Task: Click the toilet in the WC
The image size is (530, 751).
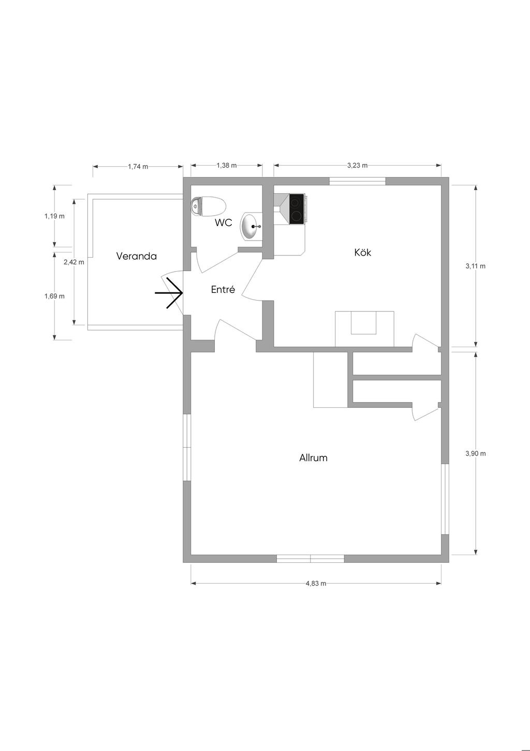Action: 208,206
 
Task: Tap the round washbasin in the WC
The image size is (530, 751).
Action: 251,226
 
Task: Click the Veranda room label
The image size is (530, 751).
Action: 136,256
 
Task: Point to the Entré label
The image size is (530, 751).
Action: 223,289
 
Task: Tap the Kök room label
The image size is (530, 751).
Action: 363,252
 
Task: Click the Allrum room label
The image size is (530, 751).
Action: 313,458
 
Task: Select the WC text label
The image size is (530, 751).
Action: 223,223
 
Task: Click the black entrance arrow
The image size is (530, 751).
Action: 169,293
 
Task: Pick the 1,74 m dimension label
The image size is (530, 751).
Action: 138,166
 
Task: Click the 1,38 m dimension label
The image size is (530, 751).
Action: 227,165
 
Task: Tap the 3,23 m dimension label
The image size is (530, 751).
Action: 357,165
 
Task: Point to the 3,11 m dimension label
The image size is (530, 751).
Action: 475,266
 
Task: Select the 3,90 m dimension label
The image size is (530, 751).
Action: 476,454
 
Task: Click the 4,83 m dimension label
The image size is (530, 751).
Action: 316,584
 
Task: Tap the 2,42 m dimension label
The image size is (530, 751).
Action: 74,262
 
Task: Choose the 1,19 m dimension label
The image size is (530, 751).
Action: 54,216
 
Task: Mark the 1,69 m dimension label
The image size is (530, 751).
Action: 54,296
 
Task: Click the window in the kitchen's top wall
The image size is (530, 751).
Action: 357,181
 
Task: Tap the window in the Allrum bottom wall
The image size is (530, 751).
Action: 311,559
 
